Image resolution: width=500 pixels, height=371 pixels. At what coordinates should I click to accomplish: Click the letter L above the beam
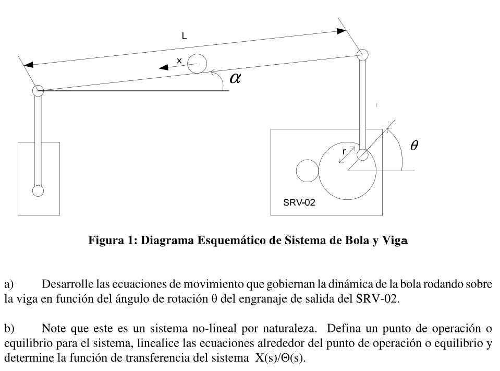pyautogui.click(x=185, y=36)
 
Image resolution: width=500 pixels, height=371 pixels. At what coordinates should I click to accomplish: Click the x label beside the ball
pyautogui.click(x=179, y=61)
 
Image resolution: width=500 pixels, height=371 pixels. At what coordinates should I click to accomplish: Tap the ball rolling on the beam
pyautogui.click(x=197, y=64)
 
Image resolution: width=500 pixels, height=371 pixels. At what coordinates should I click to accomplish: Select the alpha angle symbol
pyautogui.click(x=236, y=78)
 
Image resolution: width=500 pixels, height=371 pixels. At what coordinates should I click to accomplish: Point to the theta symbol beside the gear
pyautogui.click(x=414, y=146)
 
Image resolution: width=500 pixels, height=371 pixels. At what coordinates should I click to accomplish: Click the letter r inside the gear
pyautogui.click(x=344, y=151)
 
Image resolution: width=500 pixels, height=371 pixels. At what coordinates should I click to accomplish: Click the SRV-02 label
pyautogui.click(x=299, y=202)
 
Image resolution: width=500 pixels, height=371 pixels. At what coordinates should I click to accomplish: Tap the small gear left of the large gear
pyautogui.click(x=307, y=171)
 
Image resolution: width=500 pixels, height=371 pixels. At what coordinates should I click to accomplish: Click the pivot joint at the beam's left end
pyautogui.click(x=38, y=91)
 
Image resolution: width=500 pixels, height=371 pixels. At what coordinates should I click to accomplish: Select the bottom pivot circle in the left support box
pyautogui.click(x=38, y=190)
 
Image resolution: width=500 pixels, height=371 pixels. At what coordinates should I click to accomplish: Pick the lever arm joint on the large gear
pyautogui.click(x=362, y=154)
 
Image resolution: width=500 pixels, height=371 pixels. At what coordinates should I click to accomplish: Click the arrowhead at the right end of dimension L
pyautogui.click(x=341, y=31)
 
